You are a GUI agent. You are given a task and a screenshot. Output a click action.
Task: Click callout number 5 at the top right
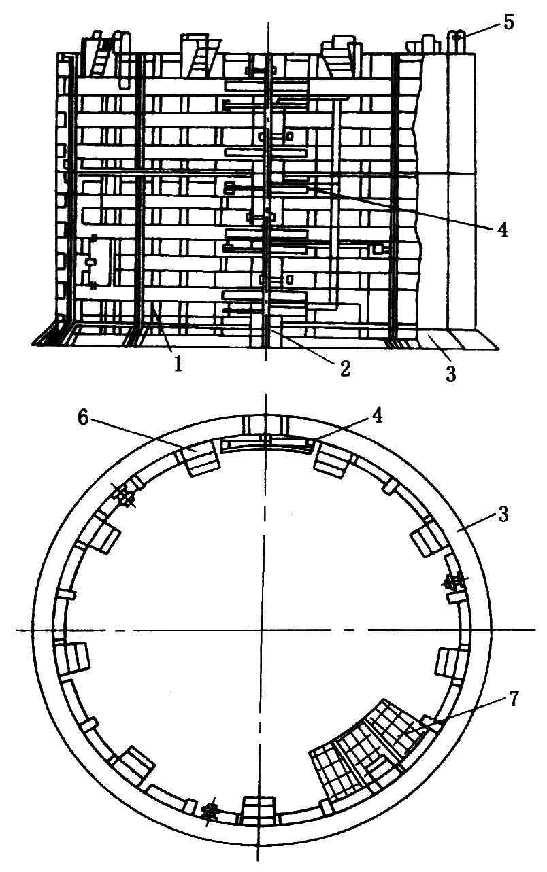pyautogui.click(x=509, y=22)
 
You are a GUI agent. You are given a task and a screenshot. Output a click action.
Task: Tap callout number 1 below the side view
pyautogui.click(x=178, y=364)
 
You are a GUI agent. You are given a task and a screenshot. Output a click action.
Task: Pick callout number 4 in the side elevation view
pyautogui.click(x=502, y=229)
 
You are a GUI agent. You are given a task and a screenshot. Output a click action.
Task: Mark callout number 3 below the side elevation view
pyautogui.click(x=450, y=373)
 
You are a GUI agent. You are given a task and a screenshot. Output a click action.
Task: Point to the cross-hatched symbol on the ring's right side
pyautogui.click(x=454, y=582)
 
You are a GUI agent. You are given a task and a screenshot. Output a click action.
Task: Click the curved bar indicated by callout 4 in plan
pyautogui.click(x=268, y=442)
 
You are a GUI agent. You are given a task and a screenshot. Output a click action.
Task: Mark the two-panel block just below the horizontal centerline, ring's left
pyautogui.click(x=73, y=658)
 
